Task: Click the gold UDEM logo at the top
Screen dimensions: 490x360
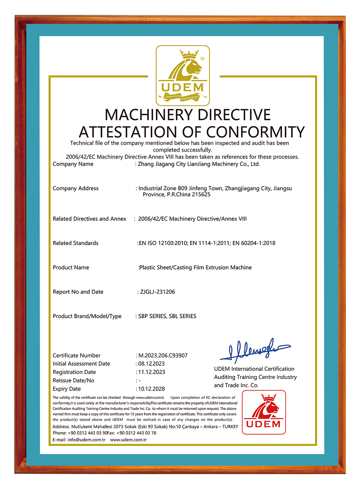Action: [183, 76]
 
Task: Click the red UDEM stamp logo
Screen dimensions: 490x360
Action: [264, 412]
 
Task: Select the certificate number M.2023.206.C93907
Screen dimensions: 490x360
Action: [163, 356]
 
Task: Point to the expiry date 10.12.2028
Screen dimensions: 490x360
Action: [152, 389]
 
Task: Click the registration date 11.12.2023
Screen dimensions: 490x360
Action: [152, 372]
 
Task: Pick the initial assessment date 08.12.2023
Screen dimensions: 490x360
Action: [152, 364]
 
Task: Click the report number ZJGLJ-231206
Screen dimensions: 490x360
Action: [157, 292]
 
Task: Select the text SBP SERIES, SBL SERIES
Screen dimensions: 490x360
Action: [167, 316]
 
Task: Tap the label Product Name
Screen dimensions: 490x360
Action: [71, 268]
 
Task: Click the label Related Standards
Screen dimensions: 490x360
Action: [76, 243]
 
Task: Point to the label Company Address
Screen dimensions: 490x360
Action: [76, 188]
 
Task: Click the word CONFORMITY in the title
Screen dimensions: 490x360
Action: [255, 133]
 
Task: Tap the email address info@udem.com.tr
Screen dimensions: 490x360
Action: [86, 440]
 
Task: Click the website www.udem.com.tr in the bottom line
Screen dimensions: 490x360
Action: [129, 440]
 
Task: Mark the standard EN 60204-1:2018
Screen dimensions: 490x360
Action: [254, 243]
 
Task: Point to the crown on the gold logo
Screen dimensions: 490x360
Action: [189, 54]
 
